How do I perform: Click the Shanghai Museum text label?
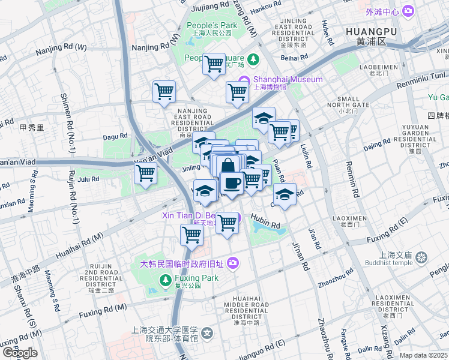coord(288,79)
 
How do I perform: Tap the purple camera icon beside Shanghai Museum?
coord(244,80)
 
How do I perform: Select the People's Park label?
coord(212,25)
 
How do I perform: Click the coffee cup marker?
coord(232,182)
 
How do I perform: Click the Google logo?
coord(20,353)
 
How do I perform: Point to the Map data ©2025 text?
coord(424,355)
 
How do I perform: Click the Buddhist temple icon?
coord(422,257)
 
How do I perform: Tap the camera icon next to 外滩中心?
coord(408,11)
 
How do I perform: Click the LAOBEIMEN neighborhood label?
coord(379,68)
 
